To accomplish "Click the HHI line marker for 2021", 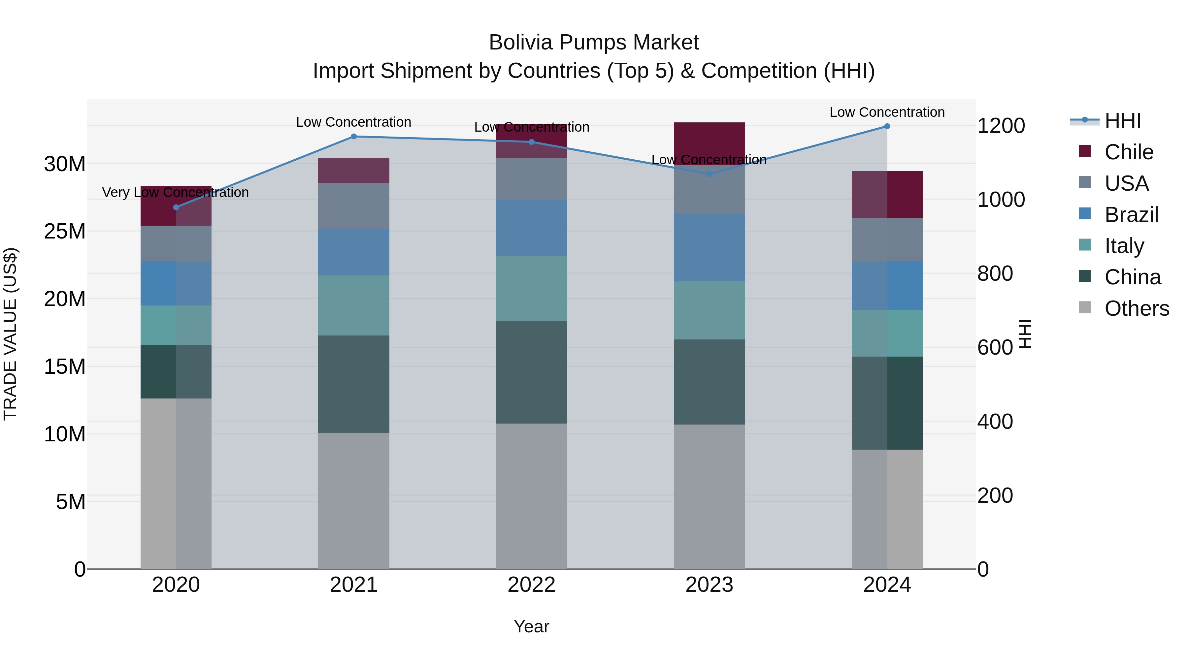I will click(354, 137).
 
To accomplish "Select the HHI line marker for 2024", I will click(887, 126).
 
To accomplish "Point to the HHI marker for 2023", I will click(709, 174).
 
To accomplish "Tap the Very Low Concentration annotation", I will click(175, 192).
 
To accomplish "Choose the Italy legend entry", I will click(1124, 246).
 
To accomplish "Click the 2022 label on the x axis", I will click(531, 585).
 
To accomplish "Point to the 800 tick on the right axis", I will click(995, 273).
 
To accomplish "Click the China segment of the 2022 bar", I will click(531, 372).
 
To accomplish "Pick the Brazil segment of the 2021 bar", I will click(354, 252).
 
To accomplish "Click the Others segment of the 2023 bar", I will click(709, 496).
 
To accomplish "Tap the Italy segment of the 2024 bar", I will click(887, 333).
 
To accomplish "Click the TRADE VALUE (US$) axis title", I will click(10, 334).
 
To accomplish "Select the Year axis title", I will click(531, 626).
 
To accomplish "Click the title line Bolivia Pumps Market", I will click(594, 43).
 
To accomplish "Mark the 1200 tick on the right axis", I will click(1001, 126).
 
